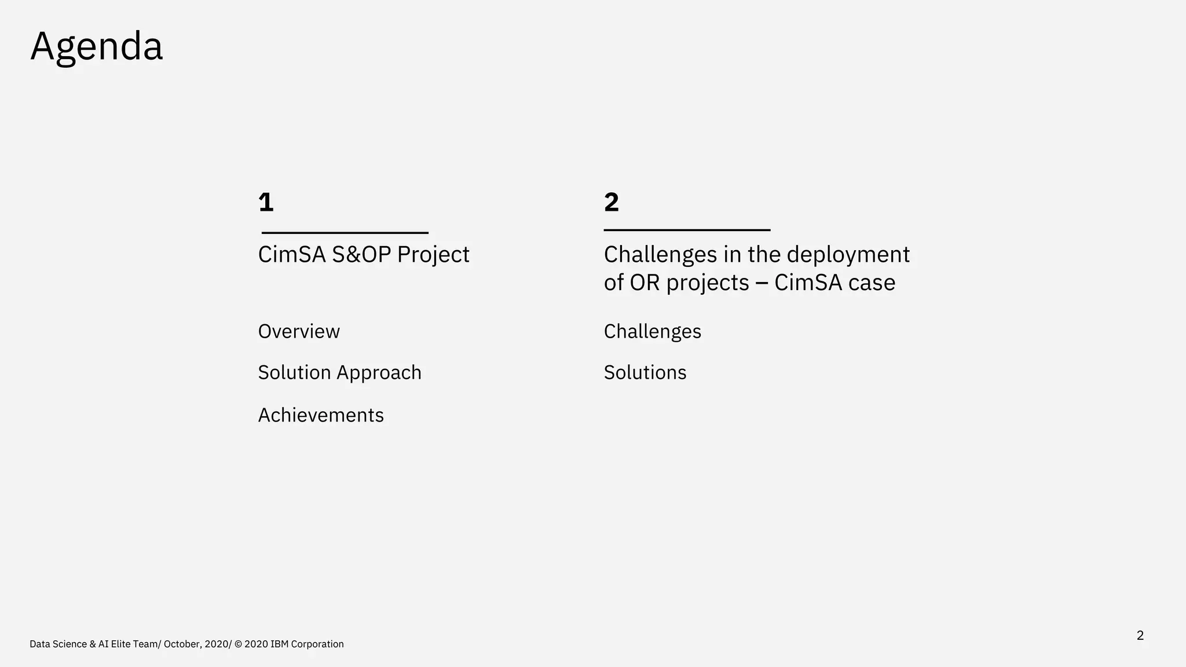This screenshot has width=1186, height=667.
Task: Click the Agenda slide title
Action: point(97,47)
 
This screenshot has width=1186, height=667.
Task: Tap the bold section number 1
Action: point(266,202)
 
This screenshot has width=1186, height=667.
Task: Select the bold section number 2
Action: point(612,202)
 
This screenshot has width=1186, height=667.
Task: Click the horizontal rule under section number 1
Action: point(345,233)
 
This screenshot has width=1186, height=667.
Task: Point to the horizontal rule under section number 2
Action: point(687,230)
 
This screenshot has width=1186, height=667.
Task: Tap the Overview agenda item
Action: point(299,331)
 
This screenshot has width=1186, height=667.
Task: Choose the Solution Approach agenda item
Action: point(340,372)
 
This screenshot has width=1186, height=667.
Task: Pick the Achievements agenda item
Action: point(321,415)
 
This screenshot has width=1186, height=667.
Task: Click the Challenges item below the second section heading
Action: point(652,331)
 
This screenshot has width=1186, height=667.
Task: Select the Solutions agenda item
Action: point(645,372)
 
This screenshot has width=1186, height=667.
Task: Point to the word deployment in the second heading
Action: point(848,255)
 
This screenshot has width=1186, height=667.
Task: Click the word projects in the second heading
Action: point(708,283)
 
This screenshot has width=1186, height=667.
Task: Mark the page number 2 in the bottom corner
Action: point(1140,635)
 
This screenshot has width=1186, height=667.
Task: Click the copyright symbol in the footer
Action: point(238,644)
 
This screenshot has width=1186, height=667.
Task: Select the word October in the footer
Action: point(182,644)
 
